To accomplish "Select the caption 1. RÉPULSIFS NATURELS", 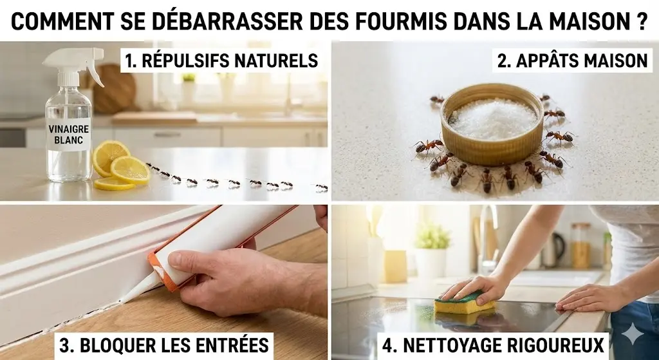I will pos(221,61).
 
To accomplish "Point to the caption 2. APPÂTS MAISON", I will pos(572,61).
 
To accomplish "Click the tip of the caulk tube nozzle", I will pos(124,299).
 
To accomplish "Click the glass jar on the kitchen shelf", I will pos(580,245).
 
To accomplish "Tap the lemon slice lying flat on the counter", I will pos(115,184).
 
